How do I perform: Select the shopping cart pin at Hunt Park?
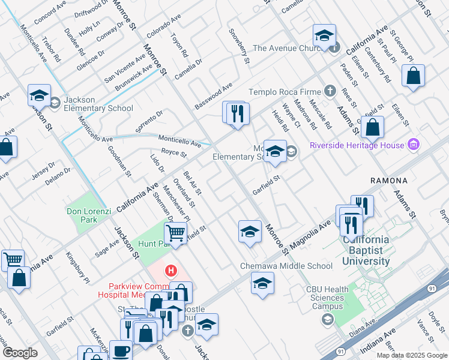tap(175, 233)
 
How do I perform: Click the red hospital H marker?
tap(172, 271)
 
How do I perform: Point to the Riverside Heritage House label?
tap(357, 145)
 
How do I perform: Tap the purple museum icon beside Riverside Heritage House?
tap(412, 145)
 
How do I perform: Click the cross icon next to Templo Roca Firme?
tap(329, 92)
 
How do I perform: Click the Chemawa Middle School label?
tap(286, 266)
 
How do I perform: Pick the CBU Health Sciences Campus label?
tap(327, 297)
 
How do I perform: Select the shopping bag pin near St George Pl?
tap(413, 76)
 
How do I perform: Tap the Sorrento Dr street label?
tap(149, 122)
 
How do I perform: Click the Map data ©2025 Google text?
tap(411, 355)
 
